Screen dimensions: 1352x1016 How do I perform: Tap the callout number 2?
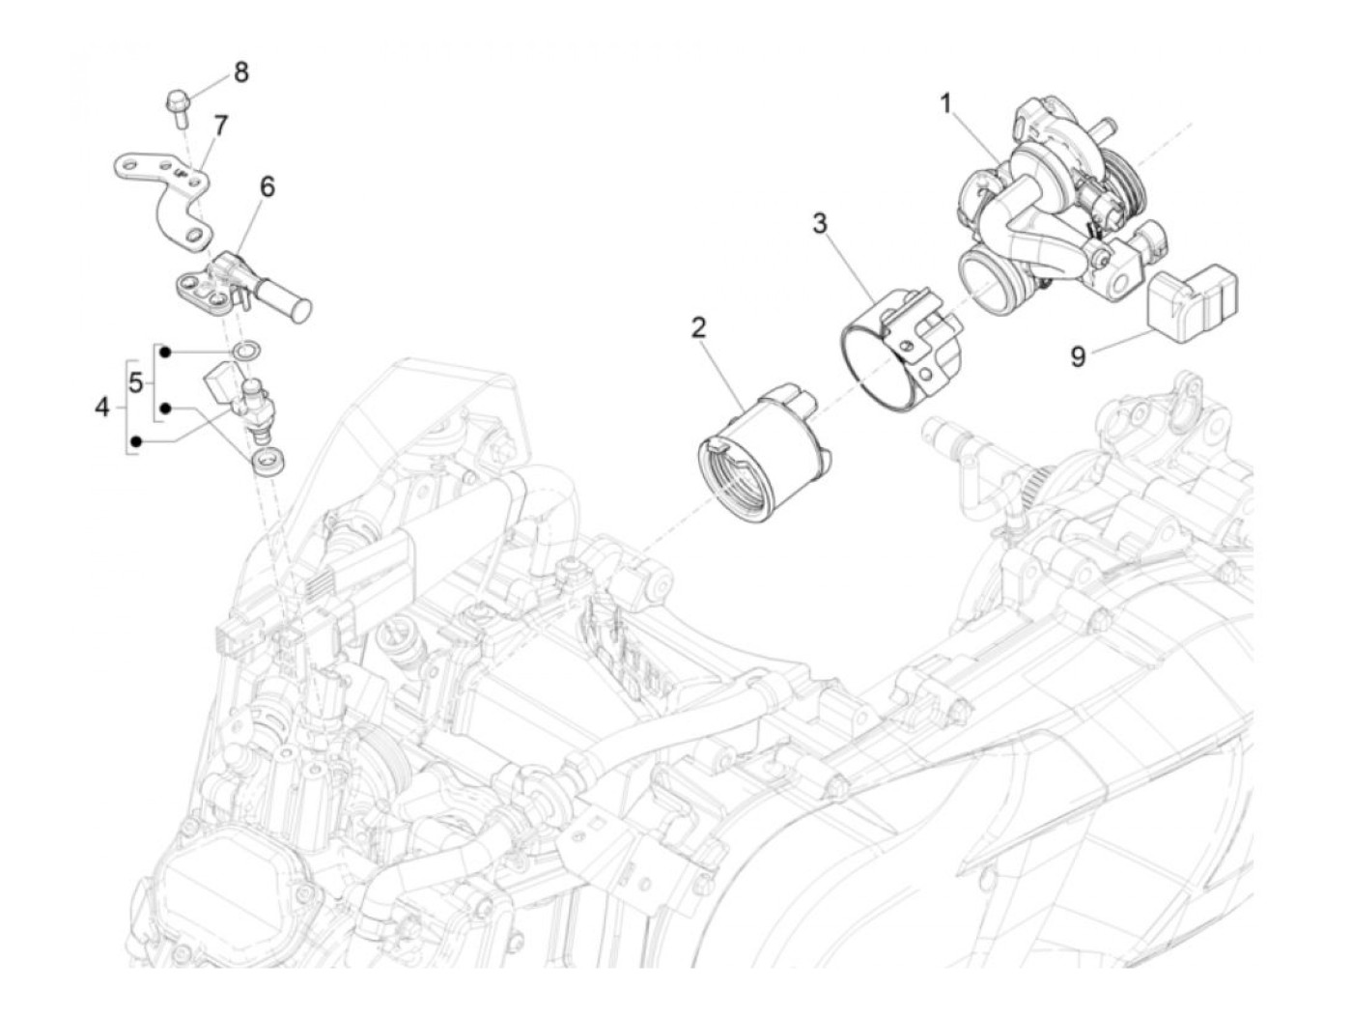[698, 328]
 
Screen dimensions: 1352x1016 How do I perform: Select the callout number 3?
[819, 224]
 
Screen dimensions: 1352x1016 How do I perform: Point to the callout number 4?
[103, 407]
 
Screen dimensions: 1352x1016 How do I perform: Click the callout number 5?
[136, 383]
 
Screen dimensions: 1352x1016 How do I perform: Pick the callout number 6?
[267, 187]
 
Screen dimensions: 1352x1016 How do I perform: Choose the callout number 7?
[220, 127]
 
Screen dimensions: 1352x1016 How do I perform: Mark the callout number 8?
[240, 72]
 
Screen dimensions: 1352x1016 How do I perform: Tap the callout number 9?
[1078, 357]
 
